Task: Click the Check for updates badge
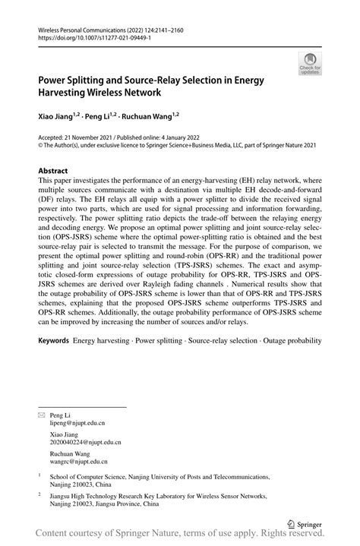click(x=310, y=64)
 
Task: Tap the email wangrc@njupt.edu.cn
click(x=78, y=460)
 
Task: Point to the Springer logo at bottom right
click(x=305, y=523)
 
